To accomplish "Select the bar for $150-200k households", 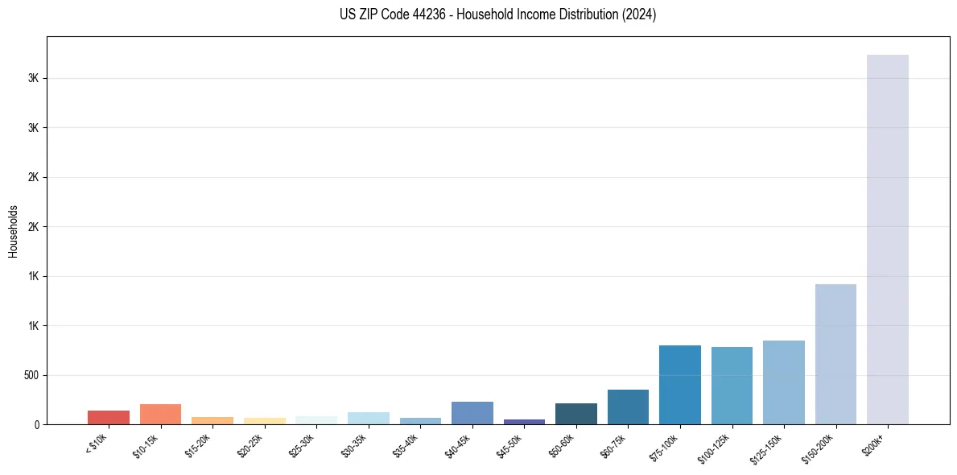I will click(835, 354).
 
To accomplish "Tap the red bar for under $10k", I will click(109, 417).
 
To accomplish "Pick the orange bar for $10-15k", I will click(160, 414).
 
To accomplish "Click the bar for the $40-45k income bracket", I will click(472, 413).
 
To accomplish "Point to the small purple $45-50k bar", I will click(524, 421).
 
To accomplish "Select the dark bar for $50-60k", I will click(575, 414).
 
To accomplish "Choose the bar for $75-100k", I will click(679, 385).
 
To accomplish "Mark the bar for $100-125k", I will click(732, 386).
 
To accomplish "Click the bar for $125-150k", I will click(783, 382).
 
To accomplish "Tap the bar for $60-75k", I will click(628, 407).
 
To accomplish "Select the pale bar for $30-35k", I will click(368, 418).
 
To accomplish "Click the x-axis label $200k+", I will click(874, 444).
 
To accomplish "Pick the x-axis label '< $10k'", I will click(97, 443).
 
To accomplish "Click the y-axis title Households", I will click(14, 230).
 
